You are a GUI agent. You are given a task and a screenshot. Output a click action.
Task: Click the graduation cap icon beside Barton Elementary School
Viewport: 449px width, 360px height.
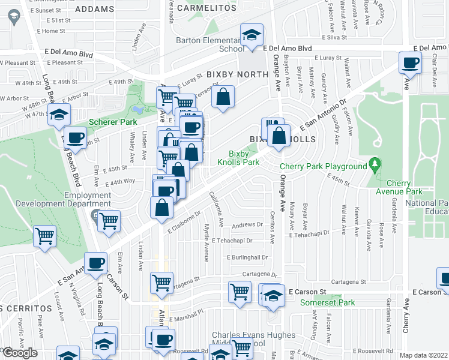[x=252, y=34]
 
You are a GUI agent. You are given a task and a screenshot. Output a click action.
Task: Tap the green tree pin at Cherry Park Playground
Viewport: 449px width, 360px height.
[x=375, y=163]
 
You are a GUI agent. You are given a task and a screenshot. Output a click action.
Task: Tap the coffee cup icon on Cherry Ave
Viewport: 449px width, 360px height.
[x=411, y=62]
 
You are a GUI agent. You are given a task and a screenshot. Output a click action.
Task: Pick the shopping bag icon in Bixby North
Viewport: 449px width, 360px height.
[x=223, y=97]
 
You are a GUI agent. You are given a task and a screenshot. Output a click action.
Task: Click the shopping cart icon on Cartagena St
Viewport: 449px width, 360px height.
[x=161, y=282]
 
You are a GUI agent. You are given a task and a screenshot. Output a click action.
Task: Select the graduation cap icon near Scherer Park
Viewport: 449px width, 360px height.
[x=59, y=114]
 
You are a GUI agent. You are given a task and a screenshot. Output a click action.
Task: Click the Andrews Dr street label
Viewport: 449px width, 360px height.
[x=248, y=225]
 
